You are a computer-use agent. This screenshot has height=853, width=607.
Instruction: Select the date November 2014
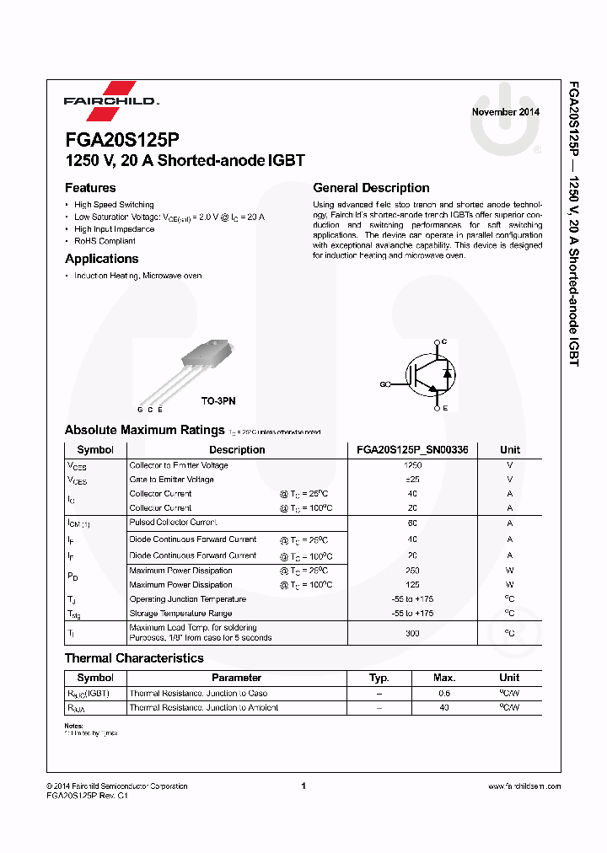click(505, 112)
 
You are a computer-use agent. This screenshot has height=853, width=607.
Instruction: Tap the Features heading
click(90, 188)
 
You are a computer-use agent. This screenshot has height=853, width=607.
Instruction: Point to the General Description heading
click(371, 188)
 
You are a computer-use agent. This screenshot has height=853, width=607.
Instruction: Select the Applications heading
click(101, 259)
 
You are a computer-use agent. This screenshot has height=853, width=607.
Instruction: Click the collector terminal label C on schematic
click(445, 341)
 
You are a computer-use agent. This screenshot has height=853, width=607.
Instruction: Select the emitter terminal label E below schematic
click(445, 408)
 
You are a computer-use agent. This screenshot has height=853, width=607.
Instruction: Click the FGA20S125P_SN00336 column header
click(412, 450)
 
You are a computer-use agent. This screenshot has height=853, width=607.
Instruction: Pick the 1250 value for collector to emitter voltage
click(412, 465)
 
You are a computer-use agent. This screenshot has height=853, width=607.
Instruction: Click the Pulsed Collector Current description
click(173, 523)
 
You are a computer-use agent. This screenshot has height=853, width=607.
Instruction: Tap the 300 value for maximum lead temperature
click(412, 632)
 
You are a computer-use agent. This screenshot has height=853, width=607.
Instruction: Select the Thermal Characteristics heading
click(134, 657)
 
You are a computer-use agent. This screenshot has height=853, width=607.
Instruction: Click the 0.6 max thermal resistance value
click(444, 694)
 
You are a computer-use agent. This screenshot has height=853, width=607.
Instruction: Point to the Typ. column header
click(379, 678)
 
